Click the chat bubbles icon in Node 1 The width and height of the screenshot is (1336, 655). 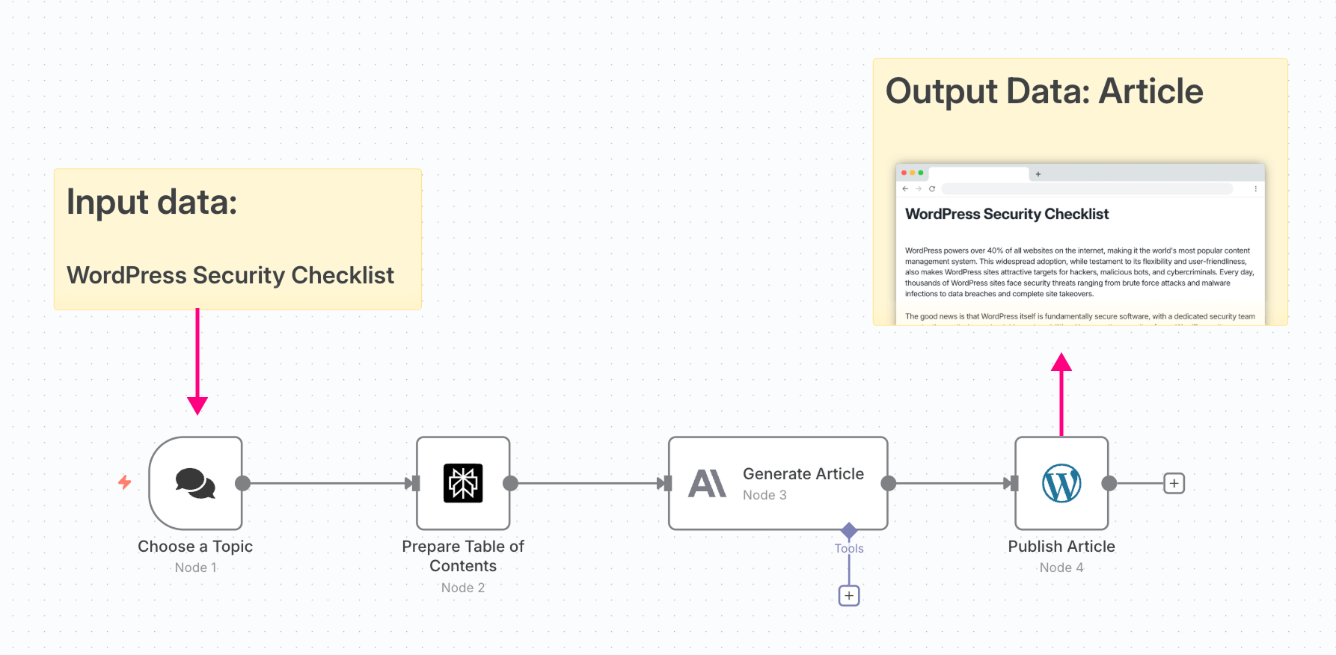(195, 483)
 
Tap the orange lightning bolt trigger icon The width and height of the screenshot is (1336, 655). (125, 482)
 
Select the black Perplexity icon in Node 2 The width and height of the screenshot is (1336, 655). (463, 483)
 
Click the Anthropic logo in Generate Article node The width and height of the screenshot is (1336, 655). (707, 484)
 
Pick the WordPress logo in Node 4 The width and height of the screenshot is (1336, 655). (1061, 483)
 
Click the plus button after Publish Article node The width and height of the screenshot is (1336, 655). (1174, 484)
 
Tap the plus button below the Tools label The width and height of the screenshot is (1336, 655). (849, 596)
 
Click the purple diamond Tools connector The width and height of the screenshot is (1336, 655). (849, 531)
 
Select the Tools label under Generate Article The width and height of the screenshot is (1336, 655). (849, 548)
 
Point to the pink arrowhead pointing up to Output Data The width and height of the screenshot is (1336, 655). (1061, 363)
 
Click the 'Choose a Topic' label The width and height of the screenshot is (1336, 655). (195, 547)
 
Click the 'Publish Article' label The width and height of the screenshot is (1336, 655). (1061, 547)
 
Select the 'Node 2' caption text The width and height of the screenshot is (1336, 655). (463, 588)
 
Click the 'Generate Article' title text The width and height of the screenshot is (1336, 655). (803, 474)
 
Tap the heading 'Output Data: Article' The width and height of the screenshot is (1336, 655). (1044, 91)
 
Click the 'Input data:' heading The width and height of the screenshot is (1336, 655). (152, 202)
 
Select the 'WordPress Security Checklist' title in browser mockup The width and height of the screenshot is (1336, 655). (1007, 215)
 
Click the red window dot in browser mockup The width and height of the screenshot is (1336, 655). (904, 173)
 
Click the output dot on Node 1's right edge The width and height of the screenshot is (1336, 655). (242, 483)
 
